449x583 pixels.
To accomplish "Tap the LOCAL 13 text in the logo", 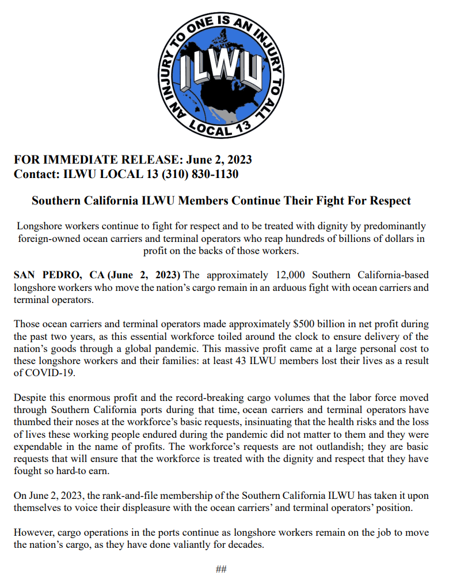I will pyautogui.click(x=218, y=128).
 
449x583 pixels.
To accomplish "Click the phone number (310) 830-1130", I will pyautogui.click(x=200, y=174).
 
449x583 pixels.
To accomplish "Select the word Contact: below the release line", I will pyautogui.click(x=36, y=174).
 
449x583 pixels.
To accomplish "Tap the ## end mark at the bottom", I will pyautogui.click(x=221, y=569).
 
